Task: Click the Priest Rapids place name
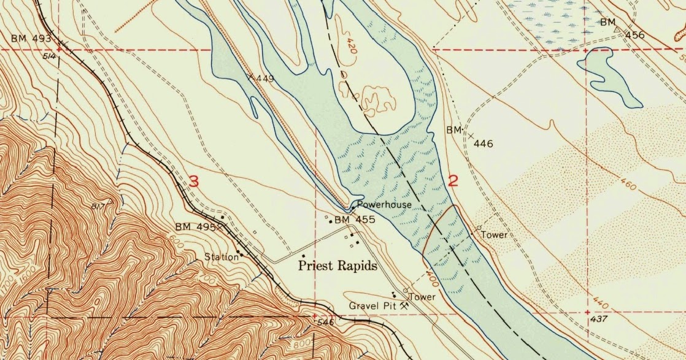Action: pyautogui.click(x=337, y=266)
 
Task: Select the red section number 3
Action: pyautogui.click(x=194, y=182)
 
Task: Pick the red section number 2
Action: pyautogui.click(x=454, y=181)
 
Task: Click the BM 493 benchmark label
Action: pyautogui.click(x=31, y=39)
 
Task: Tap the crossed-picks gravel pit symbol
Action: pyautogui.click(x=404, y=304)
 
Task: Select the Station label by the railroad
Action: pyautogui.click(x=222, y=257)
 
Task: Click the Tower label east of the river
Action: pyautogui.click(x=494, y=235)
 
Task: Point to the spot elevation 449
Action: pyautogui.click(x=265, y=79)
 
